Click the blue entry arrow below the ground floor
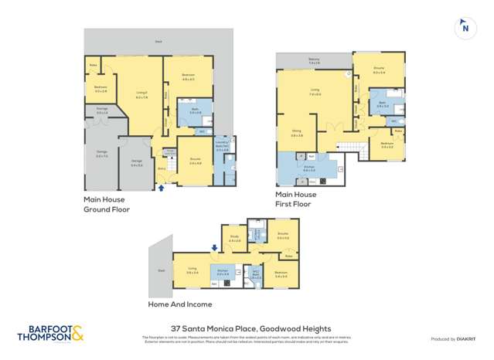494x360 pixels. [162, 186]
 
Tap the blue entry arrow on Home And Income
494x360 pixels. [214, 248]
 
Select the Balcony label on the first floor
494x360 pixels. [312, 59]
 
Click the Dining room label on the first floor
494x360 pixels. [295, 133]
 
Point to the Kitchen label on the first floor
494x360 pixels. [308, 168]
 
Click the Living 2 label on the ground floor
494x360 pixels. [141, 95]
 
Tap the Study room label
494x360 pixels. [234, 239]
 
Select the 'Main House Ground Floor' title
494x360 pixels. [107, 204]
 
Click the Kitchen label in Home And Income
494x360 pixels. [223, 273]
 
